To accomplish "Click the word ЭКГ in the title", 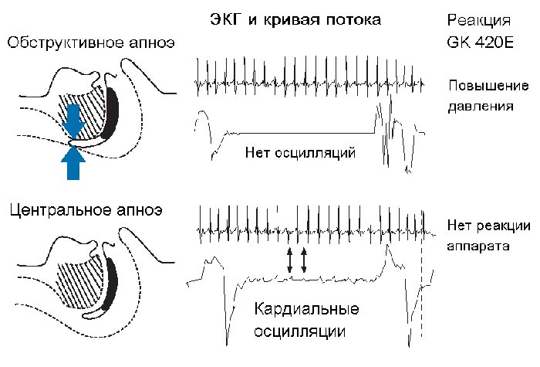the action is (225, 19).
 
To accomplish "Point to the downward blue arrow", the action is (73, 121).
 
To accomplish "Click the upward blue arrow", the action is (73, 162).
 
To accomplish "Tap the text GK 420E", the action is (480, 42).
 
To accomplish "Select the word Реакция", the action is (479, 21).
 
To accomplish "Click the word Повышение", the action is (488, 86).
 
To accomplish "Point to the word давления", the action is (481, 107).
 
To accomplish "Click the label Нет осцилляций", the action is (300, 152).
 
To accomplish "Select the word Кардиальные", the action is (306, 309).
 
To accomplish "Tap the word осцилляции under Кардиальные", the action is (299, 331).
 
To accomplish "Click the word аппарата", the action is (478, 246).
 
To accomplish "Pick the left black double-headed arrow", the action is (289, 260).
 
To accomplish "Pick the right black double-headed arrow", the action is (303, 260).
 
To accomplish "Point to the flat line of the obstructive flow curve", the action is (306, 133).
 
